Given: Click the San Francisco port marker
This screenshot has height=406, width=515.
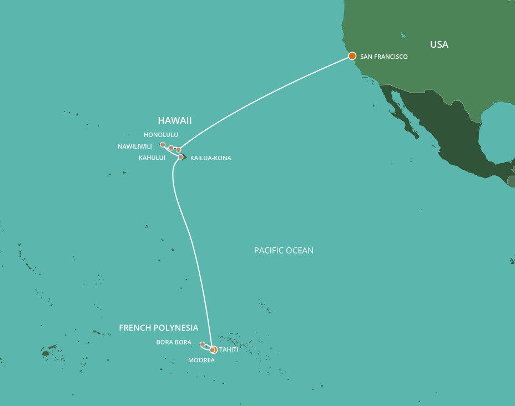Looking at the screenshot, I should pos(352,55).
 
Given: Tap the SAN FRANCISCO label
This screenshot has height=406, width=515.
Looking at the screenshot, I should pos(384,57).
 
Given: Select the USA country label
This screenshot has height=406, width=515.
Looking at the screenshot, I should pos(439,44).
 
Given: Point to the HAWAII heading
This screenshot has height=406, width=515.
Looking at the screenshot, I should pos(175,120).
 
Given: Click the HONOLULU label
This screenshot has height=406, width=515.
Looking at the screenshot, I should pos(161,135).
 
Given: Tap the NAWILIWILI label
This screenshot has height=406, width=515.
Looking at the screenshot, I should pos(135,146).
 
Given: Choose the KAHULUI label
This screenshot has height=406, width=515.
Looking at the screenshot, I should pos(152,158).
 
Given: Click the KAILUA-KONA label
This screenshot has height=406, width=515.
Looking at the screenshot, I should pos(211,158).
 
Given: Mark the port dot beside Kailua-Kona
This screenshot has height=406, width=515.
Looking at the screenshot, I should pos(181,157).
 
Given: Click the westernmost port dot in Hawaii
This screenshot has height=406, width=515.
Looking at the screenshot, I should pos(163,145).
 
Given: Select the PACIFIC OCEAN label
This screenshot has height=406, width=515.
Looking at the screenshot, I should pos(284,251).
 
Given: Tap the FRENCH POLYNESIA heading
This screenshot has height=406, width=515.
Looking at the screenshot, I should pos(159,328).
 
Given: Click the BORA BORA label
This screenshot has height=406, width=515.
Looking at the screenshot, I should pos(174,342).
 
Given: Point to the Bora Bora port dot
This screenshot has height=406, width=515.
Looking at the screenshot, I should pos(203,344).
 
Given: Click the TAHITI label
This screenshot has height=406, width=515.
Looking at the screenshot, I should pos(229,349).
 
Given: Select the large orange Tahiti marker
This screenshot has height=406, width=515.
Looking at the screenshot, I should pos(214,349).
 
